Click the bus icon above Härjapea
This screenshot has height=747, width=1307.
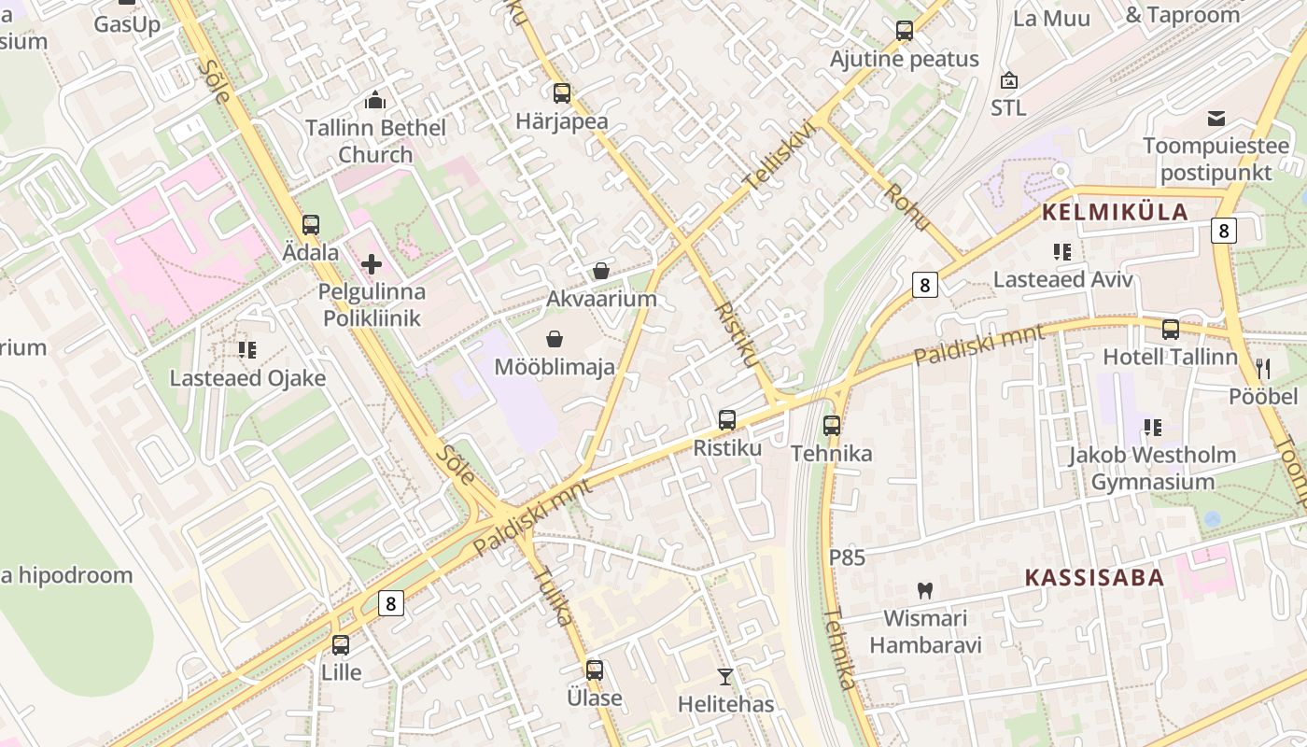click(x=561, y=93)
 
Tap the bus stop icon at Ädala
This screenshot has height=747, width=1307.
click(x=310, y=225)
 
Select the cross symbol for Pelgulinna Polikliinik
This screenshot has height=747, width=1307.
click(x=372, y=264)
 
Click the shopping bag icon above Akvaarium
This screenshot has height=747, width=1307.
click(x=601, y=272)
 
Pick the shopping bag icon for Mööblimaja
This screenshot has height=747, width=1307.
click(x=555, y=339)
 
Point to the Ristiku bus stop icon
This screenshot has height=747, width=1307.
click(x=727, y=420)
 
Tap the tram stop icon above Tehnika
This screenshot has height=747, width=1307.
click(x=832, y=426)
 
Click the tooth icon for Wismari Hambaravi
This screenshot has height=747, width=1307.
click(x=925, y=590)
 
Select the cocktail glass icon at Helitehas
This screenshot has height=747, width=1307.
click(x=725, y=676)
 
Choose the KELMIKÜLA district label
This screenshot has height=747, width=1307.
click(x=1115, y=212)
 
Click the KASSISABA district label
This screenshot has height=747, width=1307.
click(x=1095, y=577)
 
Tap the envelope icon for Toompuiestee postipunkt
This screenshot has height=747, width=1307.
click(x=1216, y=119)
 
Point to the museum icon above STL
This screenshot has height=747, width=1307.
click(x=1008, y=80)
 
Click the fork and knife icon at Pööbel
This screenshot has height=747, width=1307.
click(x=1263, y=369)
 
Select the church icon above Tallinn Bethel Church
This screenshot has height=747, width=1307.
click(x=375, y=100)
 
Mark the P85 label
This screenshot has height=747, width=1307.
click(x=847, y=558)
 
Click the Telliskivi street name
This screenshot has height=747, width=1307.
click(x=780, y=160)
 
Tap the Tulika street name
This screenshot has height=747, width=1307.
click(x=555, y=596)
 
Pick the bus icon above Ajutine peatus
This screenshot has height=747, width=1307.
click(x=904, y=31)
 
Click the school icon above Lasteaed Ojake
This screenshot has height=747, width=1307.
click(x=247, y=350)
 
